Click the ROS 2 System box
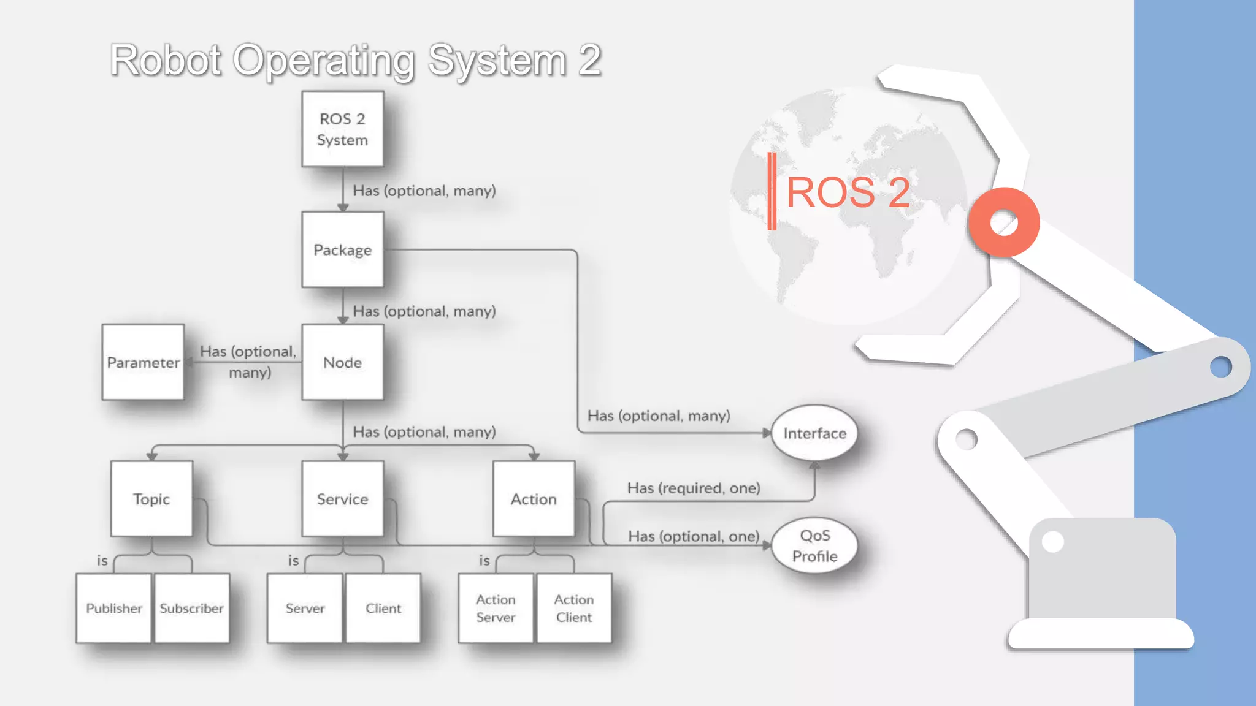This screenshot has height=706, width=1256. (x=342, y=129)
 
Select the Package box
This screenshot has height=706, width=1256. (x=342, y=249)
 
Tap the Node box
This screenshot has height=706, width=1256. (x=342, y=362)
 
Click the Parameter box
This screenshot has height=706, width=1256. (x=143, y=362)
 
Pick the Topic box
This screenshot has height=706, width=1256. (x=151, y=499)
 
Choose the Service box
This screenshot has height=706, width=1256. (x=342, y=499)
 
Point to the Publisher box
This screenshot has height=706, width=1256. (x=113, y=608)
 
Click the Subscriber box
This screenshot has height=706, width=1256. (x=192, y=608)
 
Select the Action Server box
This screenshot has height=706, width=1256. (x=496, y=608)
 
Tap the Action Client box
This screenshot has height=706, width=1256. (x=574, y=608)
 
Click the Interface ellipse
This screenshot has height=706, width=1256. (x=814, y=433)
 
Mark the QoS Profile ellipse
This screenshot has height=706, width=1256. (x=814, y=545)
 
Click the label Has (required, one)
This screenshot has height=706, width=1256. (x=694, y=488)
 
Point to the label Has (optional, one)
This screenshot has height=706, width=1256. (x=694, y=536)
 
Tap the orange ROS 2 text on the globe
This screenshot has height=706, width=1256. (x=848, y=192)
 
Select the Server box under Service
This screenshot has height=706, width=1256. (x=305, y=608)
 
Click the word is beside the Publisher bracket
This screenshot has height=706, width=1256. (x=102, y=560)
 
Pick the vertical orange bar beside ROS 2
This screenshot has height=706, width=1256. (x=772, y=191)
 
